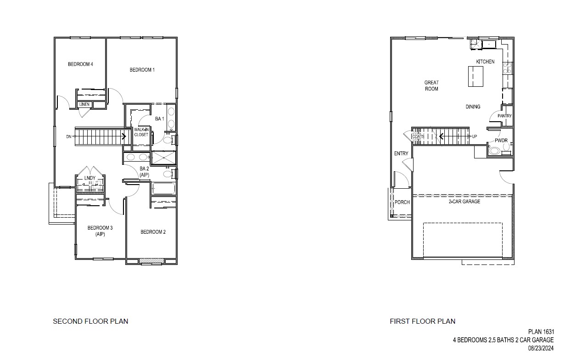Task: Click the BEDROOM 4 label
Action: pos(80,64)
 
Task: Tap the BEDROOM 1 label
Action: pos(142,70)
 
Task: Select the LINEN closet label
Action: pos(84,105)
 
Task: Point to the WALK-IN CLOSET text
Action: pos(141,132)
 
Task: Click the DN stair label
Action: pos(68,136)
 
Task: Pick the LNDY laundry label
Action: pos(90,178)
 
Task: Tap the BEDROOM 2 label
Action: pos(153,232)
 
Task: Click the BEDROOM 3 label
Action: pos(100,231)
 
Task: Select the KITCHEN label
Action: pos(485,62)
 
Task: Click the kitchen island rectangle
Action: pos(476,76)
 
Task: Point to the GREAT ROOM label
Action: pos(431,86)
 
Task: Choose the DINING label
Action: pos(473,107)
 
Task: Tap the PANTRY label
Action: pos(504,116)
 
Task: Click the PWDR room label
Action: pos(500,141)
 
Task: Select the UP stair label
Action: pos(474,136)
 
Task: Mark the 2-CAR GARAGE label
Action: pos(464,202)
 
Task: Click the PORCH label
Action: pos(402,202)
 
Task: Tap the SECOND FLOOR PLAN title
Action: pos(90,321)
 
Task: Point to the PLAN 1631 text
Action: pos(541,332)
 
